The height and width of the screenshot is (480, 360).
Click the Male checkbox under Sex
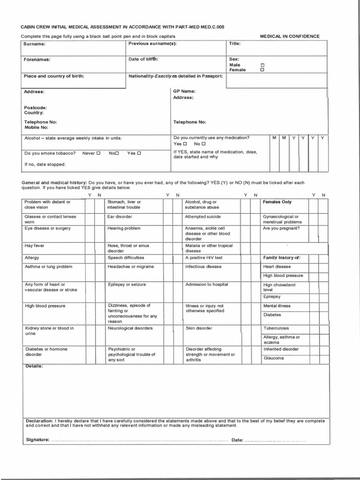(x=262, y=65)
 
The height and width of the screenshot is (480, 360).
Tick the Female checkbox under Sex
(x=262, y=70)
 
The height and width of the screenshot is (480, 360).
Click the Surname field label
(x=35, y=44)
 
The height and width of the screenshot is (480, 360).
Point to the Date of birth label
(x=143, y=59)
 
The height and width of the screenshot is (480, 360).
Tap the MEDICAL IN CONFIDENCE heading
(x=290, y=36)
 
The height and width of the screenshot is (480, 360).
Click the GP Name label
(x=184, y=91)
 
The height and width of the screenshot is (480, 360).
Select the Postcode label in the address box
(x=36, y=107)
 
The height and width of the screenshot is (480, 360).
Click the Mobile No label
(x=37, y=127)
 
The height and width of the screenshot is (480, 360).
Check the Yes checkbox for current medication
(x=185, y=144)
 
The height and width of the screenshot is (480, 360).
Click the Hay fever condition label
(x=35, y=245)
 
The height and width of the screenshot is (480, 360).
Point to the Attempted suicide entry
(x=202, y=217)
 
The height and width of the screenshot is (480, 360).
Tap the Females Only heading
(x=277, y=202)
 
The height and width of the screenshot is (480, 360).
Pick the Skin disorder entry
(x=199, y=328)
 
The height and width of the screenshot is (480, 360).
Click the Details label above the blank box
(x=34, y=366)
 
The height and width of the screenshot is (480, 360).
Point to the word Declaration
(x=39, y=421)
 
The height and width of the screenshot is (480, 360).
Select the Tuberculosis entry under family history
(x=276, y=328)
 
